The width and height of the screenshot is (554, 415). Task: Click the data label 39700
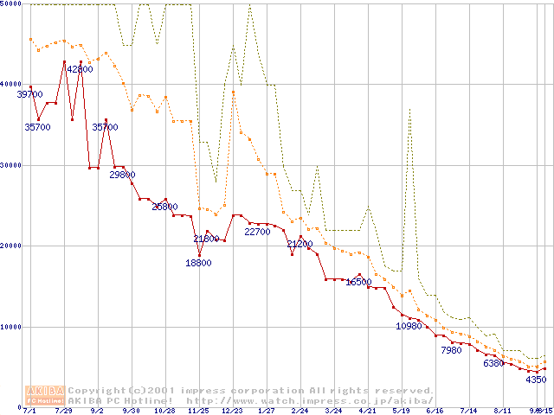[x=29, y=94]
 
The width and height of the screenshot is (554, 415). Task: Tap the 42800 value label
[x=80, y=69]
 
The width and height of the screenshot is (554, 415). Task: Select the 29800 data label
[x=122, y=175]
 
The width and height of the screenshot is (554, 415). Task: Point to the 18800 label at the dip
[x=198, y=264]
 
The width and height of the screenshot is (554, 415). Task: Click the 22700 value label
[x=257, y=232]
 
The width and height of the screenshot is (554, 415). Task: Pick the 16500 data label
[x=358, y=282]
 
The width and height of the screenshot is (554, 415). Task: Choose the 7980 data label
[x=451, y=350]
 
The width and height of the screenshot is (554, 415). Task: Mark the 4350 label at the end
[x=536, y=380]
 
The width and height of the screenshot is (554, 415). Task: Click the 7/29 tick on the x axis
[x=63, y=411]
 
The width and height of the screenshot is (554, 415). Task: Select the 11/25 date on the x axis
[x=198, y=411]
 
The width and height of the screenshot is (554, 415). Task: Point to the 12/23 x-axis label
[x=232, y=411]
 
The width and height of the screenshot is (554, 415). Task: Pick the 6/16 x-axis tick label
[x=435, y=411]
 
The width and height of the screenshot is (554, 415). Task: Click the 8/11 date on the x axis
[x=502, y=411]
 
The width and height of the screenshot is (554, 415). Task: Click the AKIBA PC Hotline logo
[x=45, y=395]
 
